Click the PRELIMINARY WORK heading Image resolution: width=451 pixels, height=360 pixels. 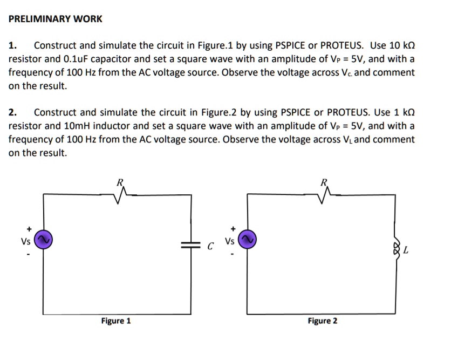point(55,19)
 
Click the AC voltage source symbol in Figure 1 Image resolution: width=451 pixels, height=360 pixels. point(43,239)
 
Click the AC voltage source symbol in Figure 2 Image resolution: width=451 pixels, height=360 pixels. point(247,239)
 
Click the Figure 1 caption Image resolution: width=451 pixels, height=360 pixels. point(116,321)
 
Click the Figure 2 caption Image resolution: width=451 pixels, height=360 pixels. point(323,321)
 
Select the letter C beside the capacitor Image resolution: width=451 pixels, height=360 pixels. point(211,247)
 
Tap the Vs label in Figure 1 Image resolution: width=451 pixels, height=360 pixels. point(25,241)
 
